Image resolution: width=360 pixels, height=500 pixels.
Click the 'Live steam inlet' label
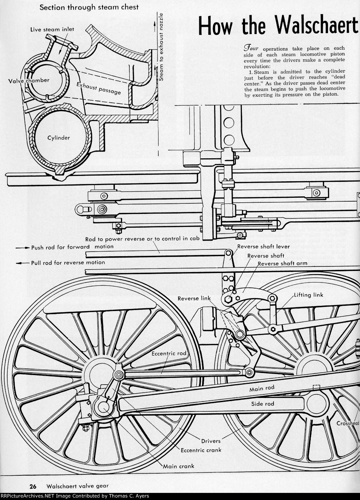pos(52,29)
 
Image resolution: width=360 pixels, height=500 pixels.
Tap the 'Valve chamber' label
pos(29,80)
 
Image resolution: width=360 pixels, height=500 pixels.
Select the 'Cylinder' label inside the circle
pos(59,138)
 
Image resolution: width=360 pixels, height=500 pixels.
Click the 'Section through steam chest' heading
pos(89,7)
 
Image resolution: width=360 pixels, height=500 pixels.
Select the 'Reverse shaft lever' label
pos(263,246)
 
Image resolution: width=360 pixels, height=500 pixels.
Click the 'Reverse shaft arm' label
pos(282,263)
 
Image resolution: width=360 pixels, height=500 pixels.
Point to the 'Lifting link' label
pos(308,295)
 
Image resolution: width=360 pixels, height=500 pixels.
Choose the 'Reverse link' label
pos(194,298)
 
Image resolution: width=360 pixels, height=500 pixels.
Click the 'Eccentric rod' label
pos(169,353)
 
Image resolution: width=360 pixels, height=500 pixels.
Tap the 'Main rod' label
pos(262,389)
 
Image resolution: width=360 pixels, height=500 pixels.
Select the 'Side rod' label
pos(263,404)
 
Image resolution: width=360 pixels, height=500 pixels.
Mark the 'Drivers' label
pos(211,441)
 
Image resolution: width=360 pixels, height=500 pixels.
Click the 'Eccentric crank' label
pos(201,450)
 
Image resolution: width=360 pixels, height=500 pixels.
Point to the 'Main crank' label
pos(179,466)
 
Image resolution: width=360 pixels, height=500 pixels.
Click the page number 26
pos(33,486)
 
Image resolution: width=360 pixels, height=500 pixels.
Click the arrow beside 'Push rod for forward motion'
pos(23,248)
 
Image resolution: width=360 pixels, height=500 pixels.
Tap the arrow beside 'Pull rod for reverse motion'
pos(23,263)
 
